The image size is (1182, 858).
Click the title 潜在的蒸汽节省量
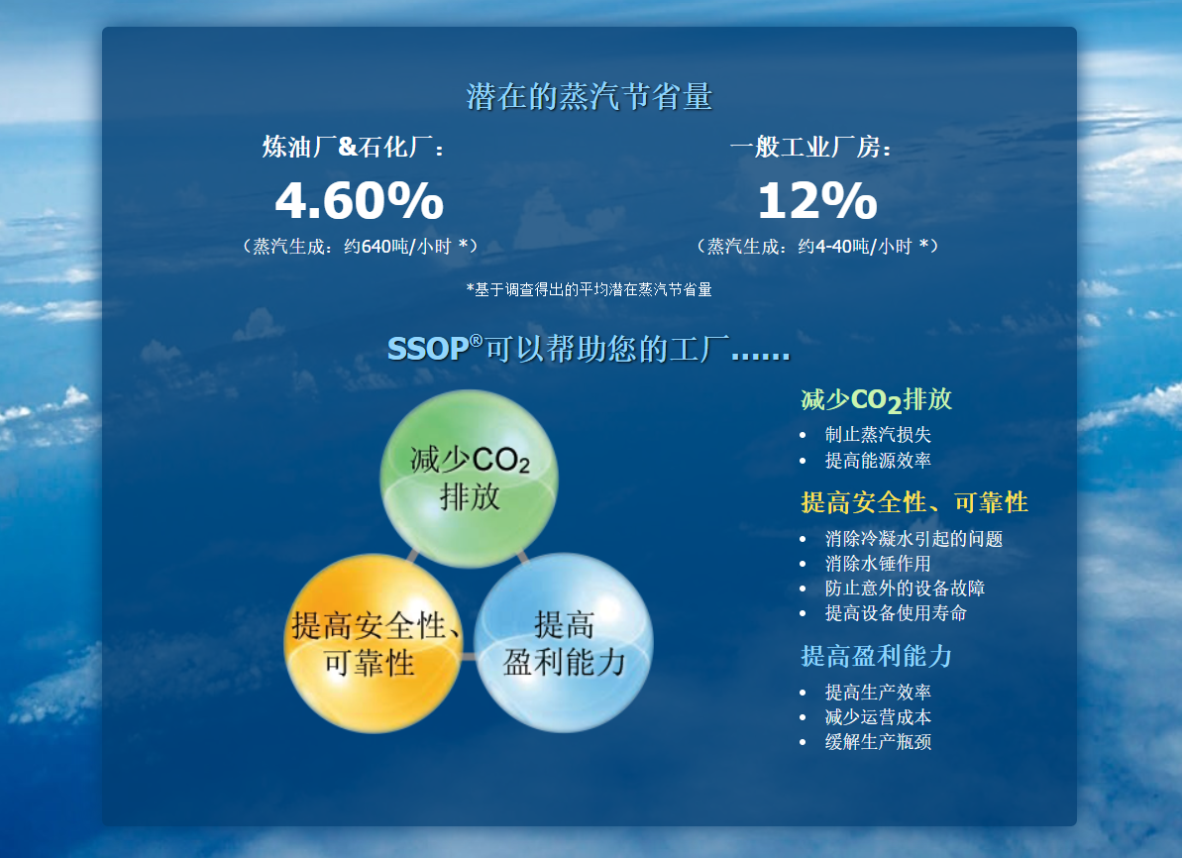pyautogui.click(x=589, y=97)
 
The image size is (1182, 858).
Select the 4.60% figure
pyautogui.click(x=359, y=200)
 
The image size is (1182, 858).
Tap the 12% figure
pyautogui.click(x=817, y=200)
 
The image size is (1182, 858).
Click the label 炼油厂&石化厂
pyautogui.click(x=353, y=147)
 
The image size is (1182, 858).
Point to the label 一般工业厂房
pyautogui.click(x=810, y=147)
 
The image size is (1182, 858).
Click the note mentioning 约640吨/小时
pyautogui.click(x=360, y=247)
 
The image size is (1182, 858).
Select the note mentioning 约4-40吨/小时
pyautogui.click(x=817, y=247)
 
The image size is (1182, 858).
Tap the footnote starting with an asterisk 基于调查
pyautogui.click(x=589, y=289)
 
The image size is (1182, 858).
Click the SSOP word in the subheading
pyautogui.click(x=428, y=349)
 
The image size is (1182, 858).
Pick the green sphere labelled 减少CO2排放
pyautogui.click(x=469, y=478)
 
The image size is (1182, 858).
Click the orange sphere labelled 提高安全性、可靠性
pyautogui.click(x=373, y=643)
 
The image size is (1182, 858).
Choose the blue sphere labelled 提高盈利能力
pyautogui.click(x=564, y=643)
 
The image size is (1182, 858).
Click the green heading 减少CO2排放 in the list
pyautogui.click(x=876, y=400)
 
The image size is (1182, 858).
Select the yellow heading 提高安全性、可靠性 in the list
pyautogui.click(x=914, y=503)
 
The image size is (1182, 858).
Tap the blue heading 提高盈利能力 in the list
pyautogui.click(x=876, y=657)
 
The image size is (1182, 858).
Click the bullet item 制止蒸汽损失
pyautogui.click(x=878, y=435)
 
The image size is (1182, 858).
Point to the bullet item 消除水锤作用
pyautogui.click(x=878, y=564)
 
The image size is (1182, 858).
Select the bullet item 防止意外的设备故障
pyautogui.click(x=905, y=589)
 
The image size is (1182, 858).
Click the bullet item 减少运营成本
pyautogui.click(x=878, y=717)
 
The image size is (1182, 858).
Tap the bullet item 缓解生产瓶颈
pyautogui.click(x=878, y=743)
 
